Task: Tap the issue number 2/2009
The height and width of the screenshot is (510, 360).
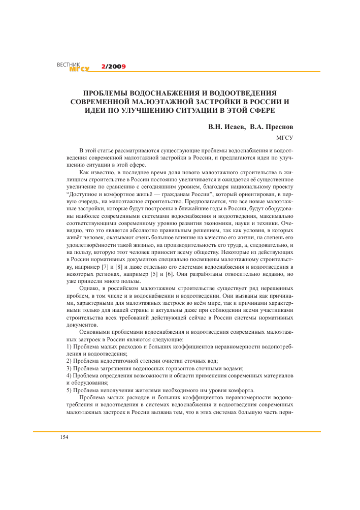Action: [x=113, y=67]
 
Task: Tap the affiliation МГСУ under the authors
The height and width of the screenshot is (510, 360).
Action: [x=283, y=138]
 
